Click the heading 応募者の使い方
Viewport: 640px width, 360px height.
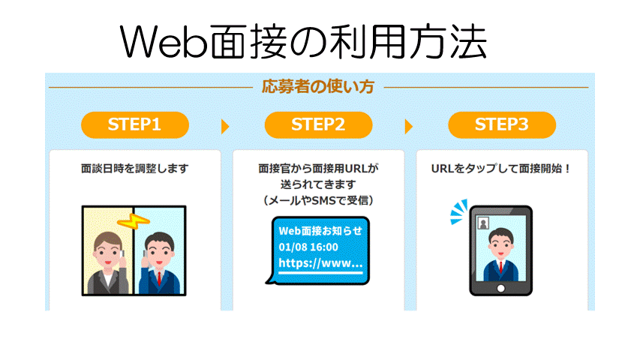[x=318, y=86]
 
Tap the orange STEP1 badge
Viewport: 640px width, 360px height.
[x=134, y=124]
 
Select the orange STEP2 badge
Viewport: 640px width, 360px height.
[x=318, y=124]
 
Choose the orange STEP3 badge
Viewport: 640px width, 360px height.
[x=501, y=124]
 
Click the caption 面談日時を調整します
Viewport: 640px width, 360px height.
[x=134, y=169]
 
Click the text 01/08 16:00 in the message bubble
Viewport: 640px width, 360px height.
[x=308, y=247]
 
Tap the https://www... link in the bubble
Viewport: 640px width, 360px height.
[x=320, y=263]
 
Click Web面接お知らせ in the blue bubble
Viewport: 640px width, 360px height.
[x=320, y=230]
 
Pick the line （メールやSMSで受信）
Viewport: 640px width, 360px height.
[x=318, y=201]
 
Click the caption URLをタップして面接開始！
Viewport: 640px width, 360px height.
[x=501, y=169]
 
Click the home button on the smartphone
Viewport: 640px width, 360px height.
[x=500, y=288]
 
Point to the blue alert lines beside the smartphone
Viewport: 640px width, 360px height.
[x=457, y=213]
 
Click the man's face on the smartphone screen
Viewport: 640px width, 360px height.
[x=500, y=241]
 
